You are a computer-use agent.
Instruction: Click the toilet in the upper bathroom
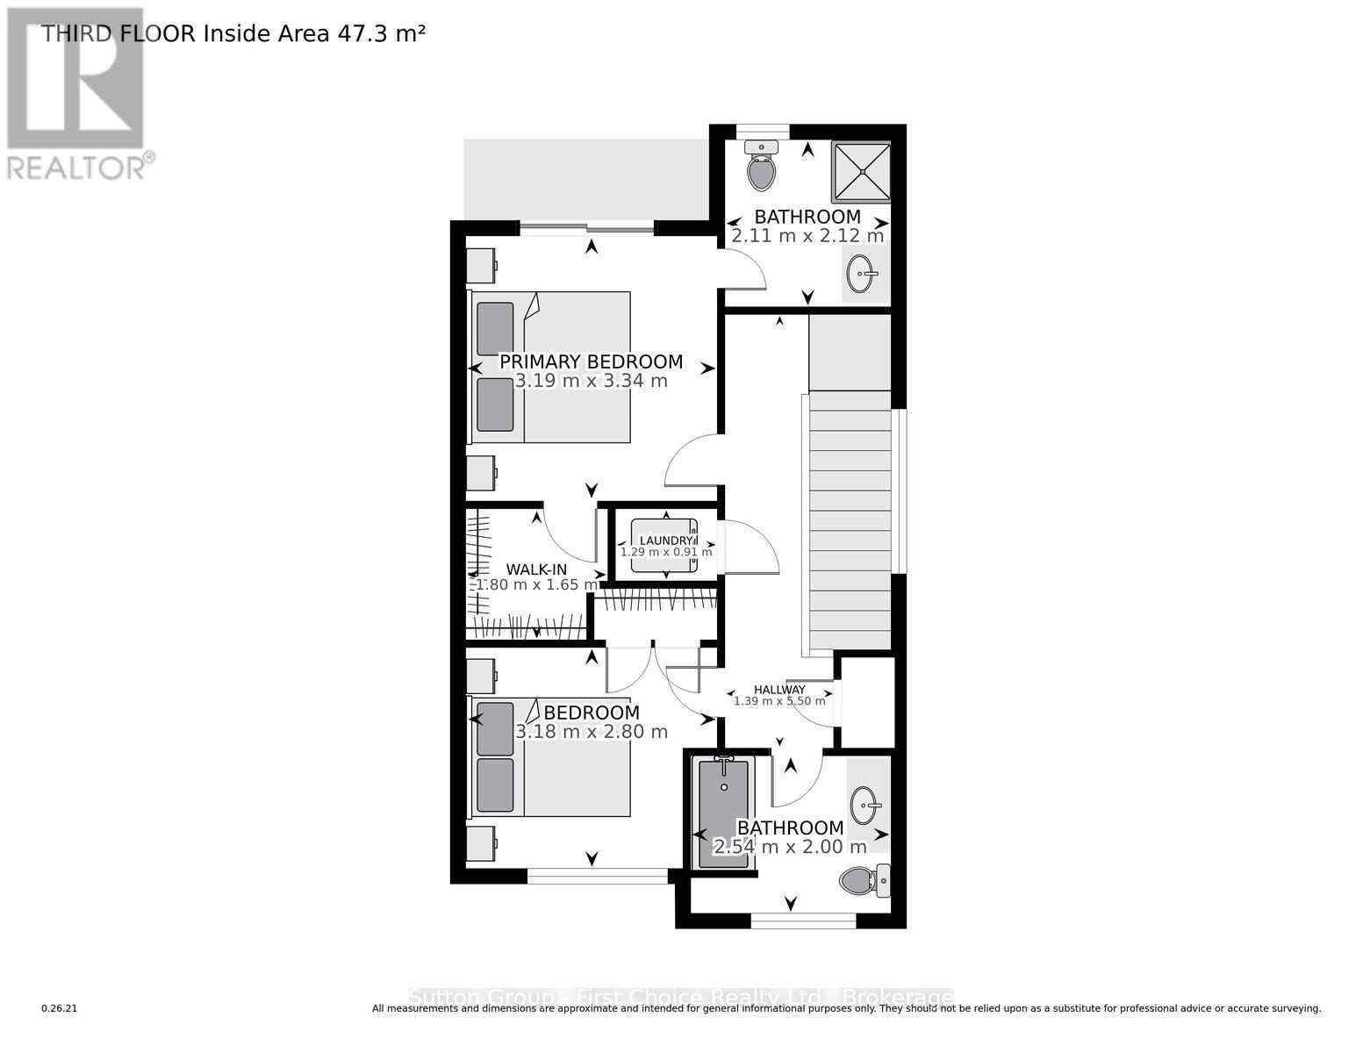pos(761,166)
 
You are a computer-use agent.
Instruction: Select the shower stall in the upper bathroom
pos(860,172)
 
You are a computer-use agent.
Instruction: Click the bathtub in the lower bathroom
pos(723,813)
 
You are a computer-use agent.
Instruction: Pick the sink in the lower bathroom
pos(867,804)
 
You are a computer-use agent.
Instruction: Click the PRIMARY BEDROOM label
pos(591,362)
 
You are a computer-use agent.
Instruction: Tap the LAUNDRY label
pos(665,541)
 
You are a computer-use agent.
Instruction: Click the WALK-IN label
pos(535,569)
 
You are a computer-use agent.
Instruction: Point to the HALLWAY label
pos(779,690)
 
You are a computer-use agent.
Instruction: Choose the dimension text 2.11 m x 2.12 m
pos(807,236)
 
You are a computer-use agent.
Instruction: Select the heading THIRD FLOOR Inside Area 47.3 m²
pos(233,33)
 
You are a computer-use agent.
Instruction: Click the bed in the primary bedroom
pos(551,367)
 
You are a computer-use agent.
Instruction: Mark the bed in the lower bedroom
pos(551,756)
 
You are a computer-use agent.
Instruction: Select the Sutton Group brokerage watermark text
pos(681,998)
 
